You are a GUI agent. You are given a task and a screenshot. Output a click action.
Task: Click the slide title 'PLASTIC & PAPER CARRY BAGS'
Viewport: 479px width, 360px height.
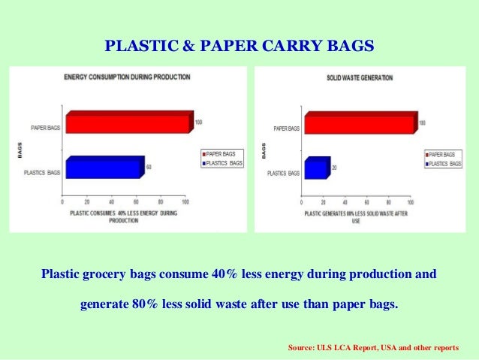239,46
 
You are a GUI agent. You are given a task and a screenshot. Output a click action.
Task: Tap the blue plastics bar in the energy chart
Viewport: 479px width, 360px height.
104,167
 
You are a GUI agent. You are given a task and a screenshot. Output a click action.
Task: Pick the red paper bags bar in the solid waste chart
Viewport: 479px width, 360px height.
359,124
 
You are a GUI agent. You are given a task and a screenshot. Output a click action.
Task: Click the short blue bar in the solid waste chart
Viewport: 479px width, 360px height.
315,168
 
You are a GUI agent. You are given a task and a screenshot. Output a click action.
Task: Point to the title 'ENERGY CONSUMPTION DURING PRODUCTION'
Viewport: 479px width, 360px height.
127,77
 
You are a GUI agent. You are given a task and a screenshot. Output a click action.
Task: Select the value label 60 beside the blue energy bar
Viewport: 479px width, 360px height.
149,166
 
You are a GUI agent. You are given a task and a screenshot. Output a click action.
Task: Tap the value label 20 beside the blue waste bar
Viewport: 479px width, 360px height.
334,168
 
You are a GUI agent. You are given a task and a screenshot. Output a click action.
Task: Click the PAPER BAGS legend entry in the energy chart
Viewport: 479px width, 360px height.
222,153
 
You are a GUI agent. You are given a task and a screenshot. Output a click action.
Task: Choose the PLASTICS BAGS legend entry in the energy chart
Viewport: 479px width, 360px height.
222,162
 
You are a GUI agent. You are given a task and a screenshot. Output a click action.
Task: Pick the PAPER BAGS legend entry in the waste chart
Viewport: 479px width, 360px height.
444,153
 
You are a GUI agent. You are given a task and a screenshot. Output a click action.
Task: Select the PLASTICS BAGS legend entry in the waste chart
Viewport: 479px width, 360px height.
444,163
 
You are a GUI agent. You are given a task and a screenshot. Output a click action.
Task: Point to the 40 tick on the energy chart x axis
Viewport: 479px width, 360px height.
112,202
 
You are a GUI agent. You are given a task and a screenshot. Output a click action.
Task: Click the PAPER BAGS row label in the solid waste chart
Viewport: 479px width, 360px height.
286,129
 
